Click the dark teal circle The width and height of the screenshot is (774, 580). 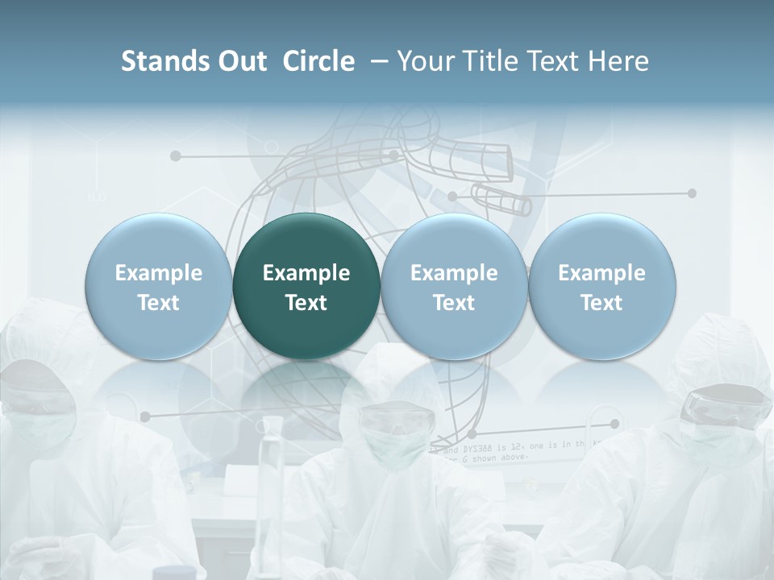(306, 286)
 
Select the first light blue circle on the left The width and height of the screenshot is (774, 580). (159, 286)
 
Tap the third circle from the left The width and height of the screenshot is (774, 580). (454, 286)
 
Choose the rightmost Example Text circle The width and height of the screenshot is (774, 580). (601, 286)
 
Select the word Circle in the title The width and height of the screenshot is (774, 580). (318, 61)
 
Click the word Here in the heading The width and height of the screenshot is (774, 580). (616, 61)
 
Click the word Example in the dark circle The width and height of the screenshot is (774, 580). (306, 273)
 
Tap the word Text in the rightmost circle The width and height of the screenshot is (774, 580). (601, 303)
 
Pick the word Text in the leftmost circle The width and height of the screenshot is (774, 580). (159, 303)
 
